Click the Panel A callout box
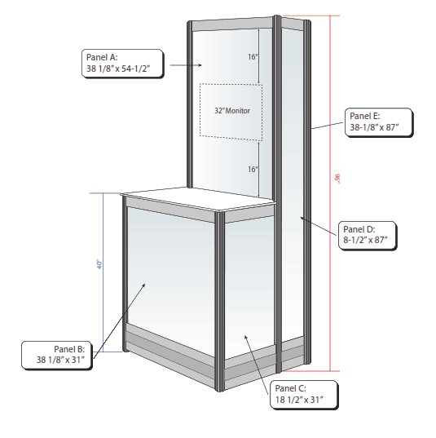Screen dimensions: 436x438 click(122, 64)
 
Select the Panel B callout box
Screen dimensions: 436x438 click(57, 356)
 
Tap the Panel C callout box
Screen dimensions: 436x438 click(304, 395)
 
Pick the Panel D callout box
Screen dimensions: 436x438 click(368, 236)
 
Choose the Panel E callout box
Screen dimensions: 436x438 click(379, 122)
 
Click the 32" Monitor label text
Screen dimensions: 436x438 click(232, 111)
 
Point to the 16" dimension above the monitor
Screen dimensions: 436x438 click(253, 57)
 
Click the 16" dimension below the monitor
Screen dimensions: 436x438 click(253, 170)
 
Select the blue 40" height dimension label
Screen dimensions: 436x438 click(99, 264)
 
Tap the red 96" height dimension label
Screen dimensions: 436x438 click(337, 179)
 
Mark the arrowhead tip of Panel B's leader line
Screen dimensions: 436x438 click(145, 284)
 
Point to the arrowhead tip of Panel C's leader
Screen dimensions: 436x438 click(244, 335)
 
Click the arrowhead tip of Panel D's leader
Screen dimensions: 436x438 click(301, 217)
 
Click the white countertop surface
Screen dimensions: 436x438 click(198, 198)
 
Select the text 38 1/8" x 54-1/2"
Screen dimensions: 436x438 click(118, 69)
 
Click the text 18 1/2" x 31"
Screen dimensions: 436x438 click(299, 400)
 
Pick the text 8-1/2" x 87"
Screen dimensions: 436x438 click(365, 240)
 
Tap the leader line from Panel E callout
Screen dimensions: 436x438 click(327, 126)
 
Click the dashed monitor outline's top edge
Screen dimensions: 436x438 click(231, 84)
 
